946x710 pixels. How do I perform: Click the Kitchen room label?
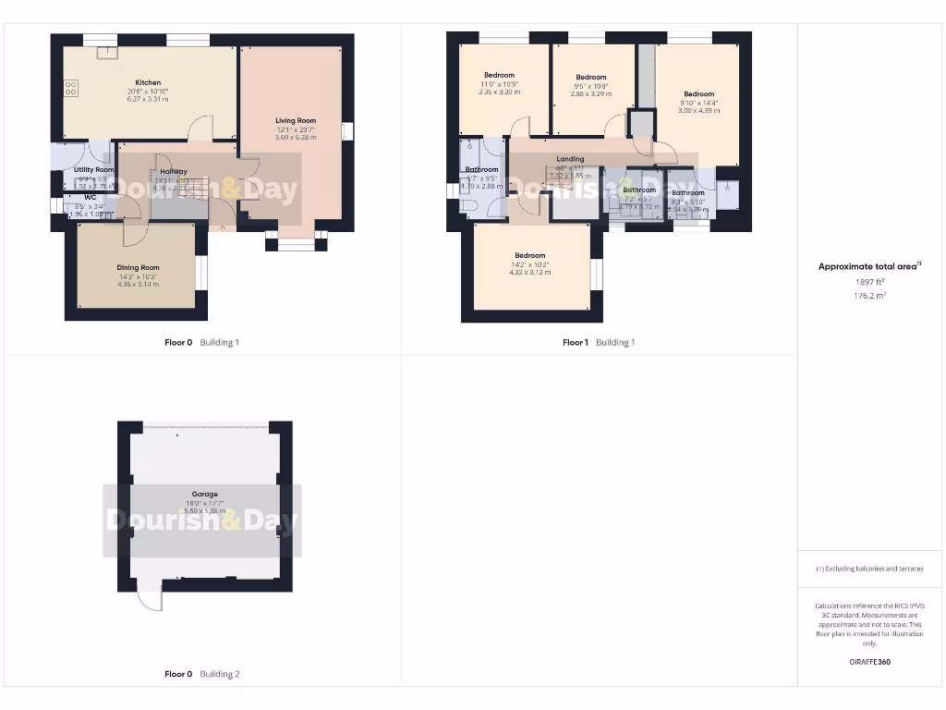tap(148, 82)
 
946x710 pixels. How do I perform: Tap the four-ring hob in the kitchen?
tap(70, 88)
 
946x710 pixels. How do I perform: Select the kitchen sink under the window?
tap(108, 52)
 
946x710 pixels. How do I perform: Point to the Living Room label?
tap(296, 120)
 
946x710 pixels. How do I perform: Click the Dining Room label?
tap(138, 268)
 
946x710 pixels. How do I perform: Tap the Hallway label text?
tap(174, 171)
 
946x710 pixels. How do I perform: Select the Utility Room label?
tap(94, 170)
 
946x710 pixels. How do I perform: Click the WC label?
tap(90, 197)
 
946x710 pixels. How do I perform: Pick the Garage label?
tap(204, 495)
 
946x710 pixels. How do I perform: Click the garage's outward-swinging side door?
tap(148, 599)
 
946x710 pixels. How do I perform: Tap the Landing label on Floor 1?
tap(570, 159)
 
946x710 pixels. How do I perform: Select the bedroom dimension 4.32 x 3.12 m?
tap(529, 273)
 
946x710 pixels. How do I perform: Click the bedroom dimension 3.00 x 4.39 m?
tap(698, 110)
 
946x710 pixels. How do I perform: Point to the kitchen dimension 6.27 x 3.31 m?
tap(148, 99)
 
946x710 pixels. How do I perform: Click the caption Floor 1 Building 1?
tap(599, 342)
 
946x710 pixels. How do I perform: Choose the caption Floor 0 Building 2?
tap(201, 674)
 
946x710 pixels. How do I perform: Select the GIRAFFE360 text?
tap(868, 662)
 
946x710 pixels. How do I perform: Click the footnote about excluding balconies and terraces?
tap(868, 569)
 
